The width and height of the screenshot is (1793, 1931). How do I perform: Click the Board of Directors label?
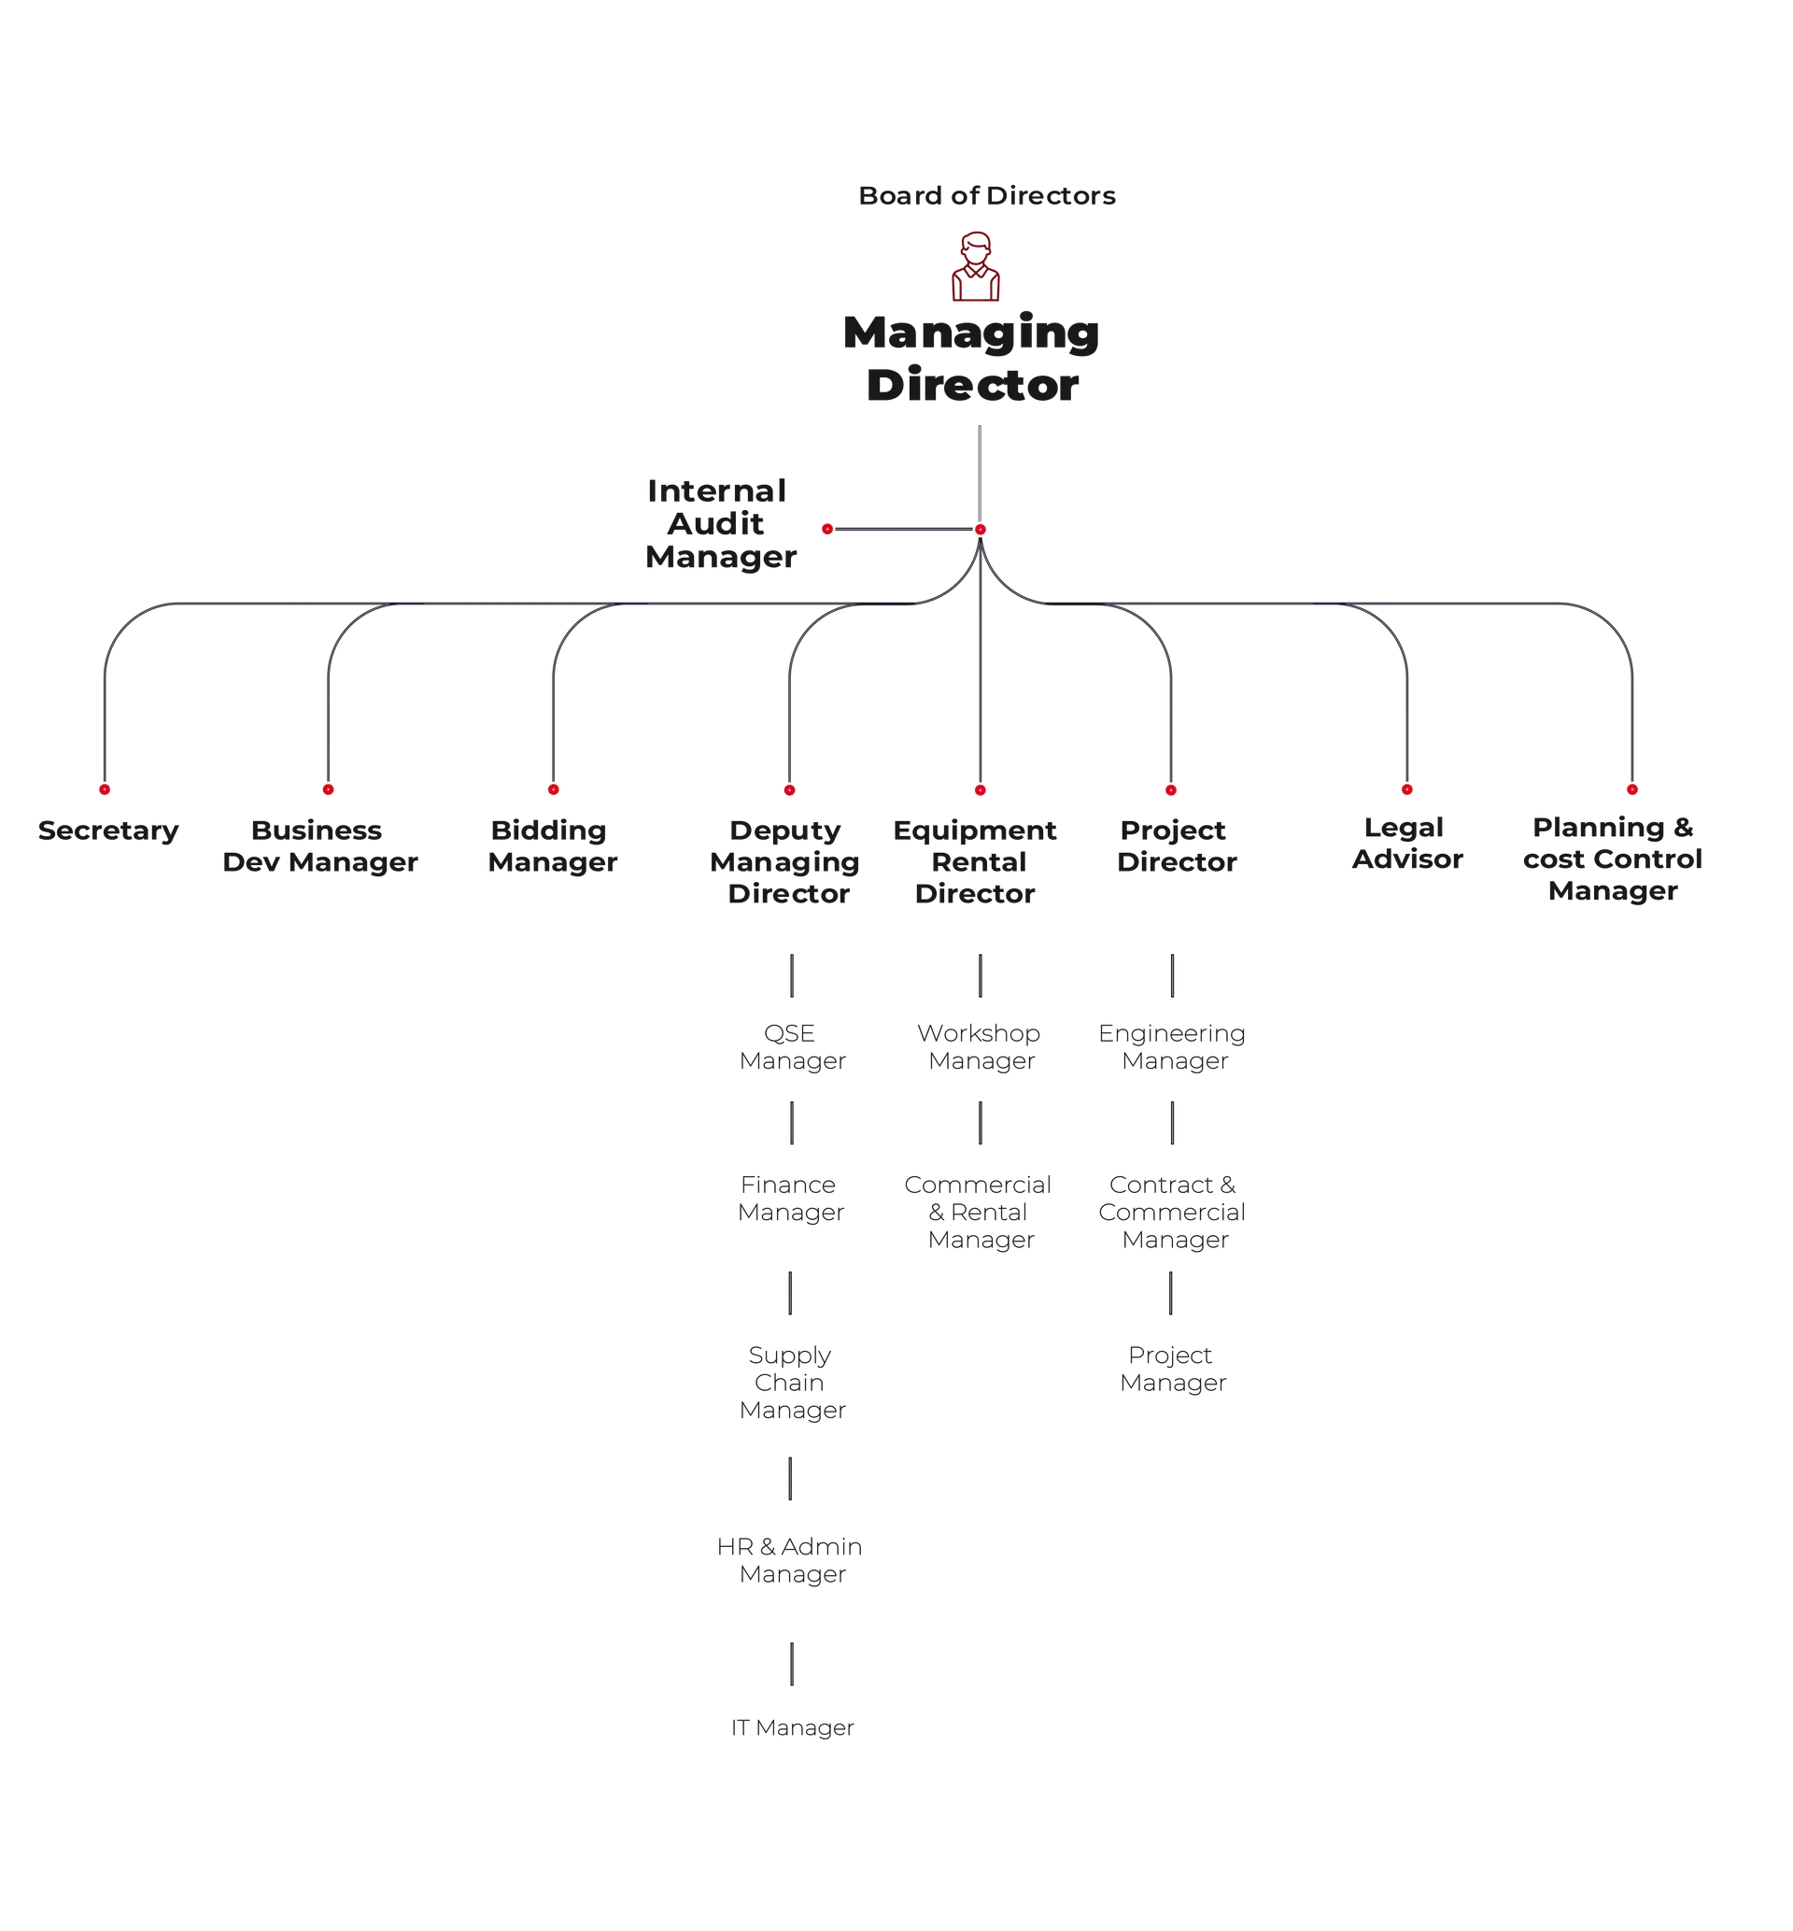[987, 196]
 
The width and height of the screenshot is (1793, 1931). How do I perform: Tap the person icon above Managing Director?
[976, 266]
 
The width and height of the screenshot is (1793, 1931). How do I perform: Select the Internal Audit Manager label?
[720, 524]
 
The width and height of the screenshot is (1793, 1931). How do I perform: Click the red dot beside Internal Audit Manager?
[827, 529]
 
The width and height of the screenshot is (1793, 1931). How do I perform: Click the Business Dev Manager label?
[320, 846]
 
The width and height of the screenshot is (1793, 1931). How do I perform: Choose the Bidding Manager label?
[552, 846]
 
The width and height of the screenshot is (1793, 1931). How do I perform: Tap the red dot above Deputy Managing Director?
[790, 791]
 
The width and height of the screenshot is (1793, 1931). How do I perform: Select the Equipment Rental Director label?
[975, 861]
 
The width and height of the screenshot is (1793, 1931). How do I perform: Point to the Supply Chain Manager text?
[792, 1383]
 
